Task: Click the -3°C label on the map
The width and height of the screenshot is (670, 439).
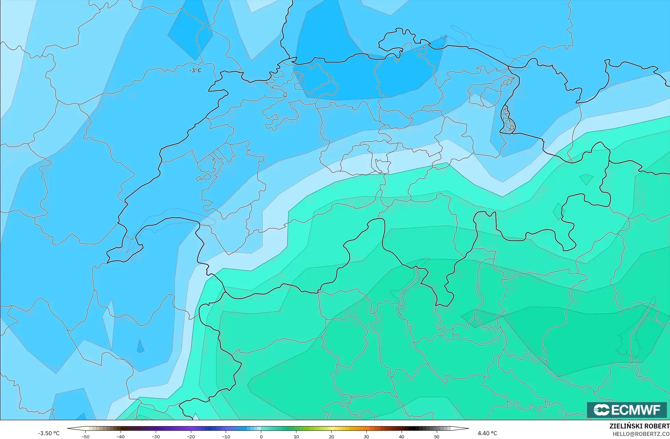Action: pos(195,71)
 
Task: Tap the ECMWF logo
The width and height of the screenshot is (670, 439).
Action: pos(627,410)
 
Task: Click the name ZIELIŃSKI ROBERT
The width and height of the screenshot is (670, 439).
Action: pos(639,426)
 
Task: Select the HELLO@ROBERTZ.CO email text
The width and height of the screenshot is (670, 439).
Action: pos(641,434)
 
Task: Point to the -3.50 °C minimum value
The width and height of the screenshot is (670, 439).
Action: pos(48,433)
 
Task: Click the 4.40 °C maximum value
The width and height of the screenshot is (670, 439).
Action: pos(487,433)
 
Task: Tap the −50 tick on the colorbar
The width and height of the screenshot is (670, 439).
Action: pos(85,436)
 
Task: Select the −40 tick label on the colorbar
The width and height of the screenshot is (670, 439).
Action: pos(120,436)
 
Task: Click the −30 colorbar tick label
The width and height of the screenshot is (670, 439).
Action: pos(155,436)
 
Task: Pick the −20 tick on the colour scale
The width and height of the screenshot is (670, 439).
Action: pos(191,436)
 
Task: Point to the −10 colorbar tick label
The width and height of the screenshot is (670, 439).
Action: pos(226,436)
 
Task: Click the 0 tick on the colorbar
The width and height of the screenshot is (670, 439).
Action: pos(261,436)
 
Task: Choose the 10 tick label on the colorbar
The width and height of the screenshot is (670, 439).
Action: pos(296,436)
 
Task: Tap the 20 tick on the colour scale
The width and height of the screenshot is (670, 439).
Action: pos(331,436)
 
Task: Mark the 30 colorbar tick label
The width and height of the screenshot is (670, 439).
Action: pos(366,436)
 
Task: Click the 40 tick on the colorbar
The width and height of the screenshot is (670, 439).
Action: pos(402,436)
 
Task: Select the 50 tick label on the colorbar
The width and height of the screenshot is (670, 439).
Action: pos(437,436)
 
